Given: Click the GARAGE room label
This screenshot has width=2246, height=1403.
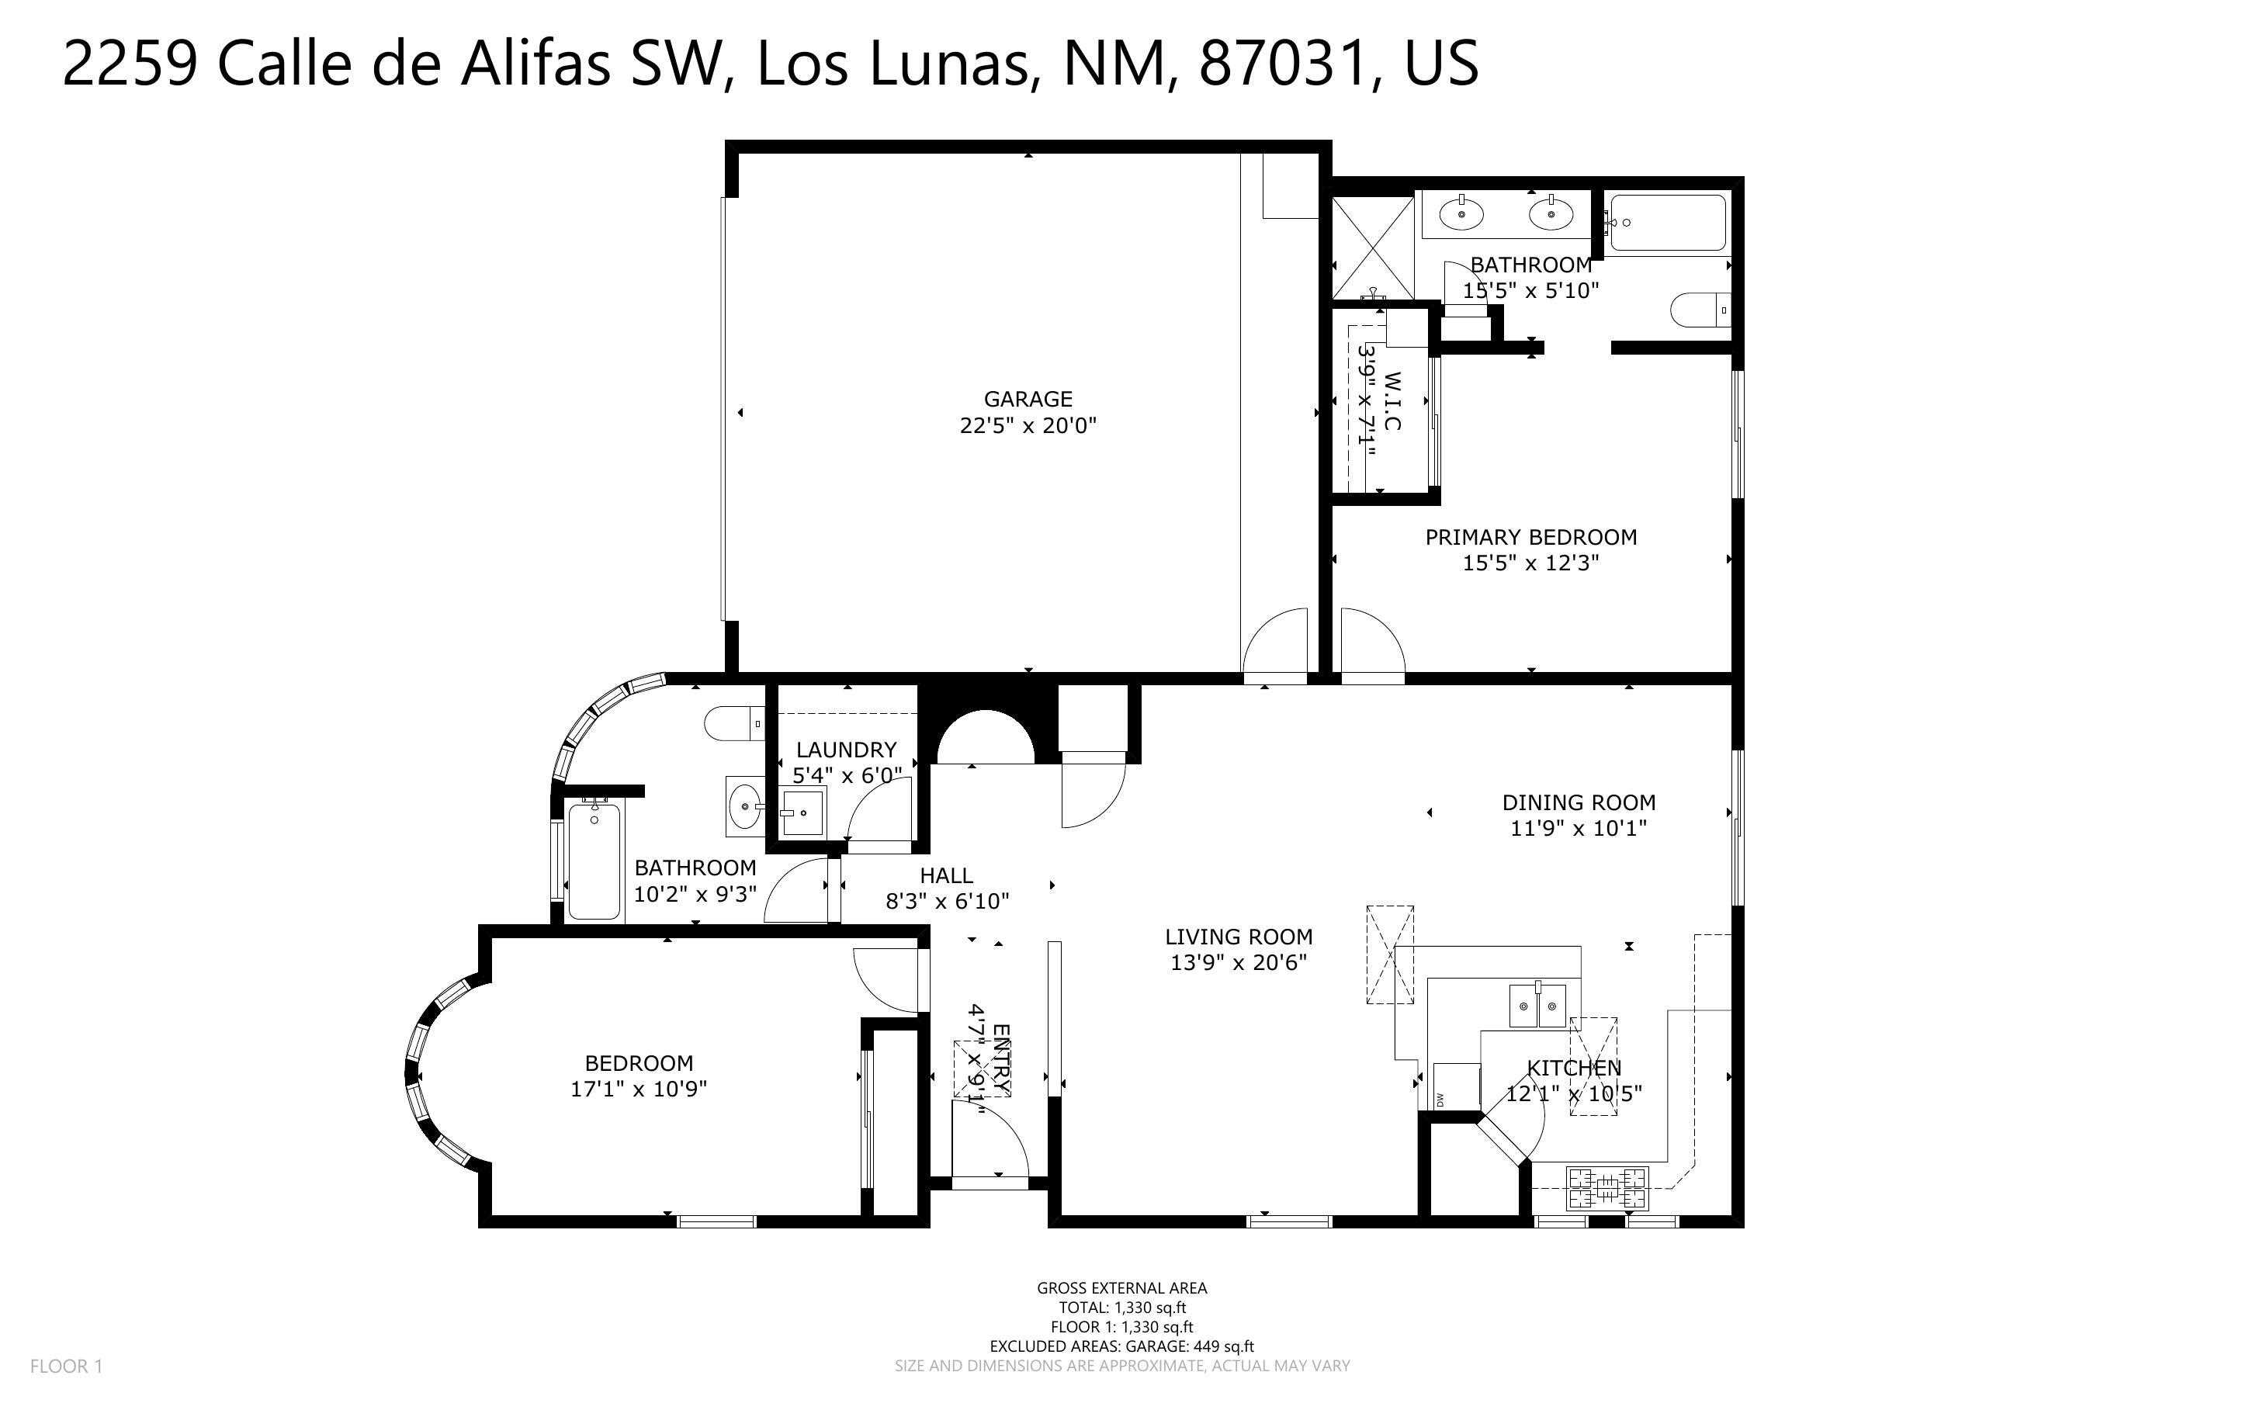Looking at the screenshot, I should (1028, 399).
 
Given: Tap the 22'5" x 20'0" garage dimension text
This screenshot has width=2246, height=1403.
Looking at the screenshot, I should (1028, 426).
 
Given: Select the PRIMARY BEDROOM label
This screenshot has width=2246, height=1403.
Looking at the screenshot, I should (1530, 537).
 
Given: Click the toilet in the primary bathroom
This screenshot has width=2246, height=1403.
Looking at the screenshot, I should (1700, 310).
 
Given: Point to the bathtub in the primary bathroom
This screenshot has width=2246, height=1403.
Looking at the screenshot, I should (1668, 223).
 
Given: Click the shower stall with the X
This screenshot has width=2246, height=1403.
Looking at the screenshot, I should (1373, 247).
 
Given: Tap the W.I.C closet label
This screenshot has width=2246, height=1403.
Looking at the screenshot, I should (1392, 402).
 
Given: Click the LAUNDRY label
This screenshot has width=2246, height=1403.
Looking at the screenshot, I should (846, 750).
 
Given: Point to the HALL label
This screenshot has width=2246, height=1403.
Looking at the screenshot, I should (946, 875).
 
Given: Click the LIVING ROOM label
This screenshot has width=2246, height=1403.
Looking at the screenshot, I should (1239, 937).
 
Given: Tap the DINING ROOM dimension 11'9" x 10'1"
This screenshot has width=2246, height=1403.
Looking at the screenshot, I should (1578, 829).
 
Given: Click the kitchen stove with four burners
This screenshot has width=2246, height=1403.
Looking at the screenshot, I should (1608, 1189).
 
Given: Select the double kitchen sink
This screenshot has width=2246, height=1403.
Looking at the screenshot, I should (1537, 1006).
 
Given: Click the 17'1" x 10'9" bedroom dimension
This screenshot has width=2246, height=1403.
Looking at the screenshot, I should (638, 1089).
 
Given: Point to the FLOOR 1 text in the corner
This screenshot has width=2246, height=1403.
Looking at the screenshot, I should (66, 1366).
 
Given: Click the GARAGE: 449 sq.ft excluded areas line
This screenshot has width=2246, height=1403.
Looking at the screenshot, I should (1121, 1346).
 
